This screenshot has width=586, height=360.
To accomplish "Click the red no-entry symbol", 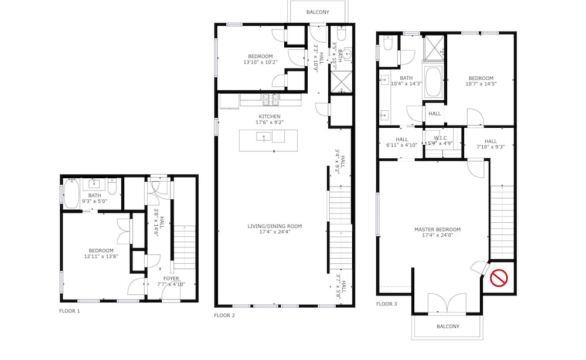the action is (499, 278).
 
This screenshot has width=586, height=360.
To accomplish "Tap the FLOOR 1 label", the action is (70, 311).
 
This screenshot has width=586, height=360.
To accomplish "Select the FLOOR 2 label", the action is (224, 315).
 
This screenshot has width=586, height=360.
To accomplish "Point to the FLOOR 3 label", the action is (386, 304).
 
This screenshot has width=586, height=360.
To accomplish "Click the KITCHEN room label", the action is (270, 117).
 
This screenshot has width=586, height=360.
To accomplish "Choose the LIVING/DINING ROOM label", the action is (275, 226).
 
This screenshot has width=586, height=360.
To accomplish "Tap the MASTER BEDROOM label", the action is (438, 229).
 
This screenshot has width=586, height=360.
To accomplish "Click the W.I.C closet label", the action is (440, 138).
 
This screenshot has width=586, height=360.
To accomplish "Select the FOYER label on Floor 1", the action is (171, 279).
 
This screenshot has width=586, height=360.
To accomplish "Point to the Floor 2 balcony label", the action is (318, 12).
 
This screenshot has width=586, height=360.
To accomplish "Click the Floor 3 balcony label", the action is (448, 327).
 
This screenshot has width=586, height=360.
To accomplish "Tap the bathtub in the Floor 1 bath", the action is (71, 193).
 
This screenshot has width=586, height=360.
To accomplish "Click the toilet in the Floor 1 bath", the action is (113, 186).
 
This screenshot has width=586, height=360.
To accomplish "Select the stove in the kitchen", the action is (270, 99).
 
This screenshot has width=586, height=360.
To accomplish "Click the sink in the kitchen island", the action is (264, 137).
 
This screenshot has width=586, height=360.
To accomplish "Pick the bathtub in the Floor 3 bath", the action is (433, 82).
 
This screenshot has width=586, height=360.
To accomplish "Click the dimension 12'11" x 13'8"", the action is (101, 256).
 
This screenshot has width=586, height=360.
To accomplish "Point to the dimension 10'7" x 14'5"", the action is (481, 84).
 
